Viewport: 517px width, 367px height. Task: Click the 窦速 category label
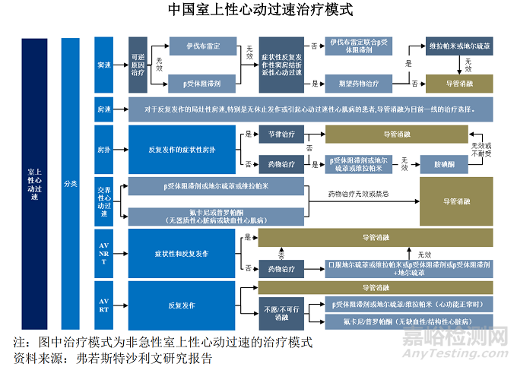[103, 65]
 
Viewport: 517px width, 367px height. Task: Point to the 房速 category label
[103, 109]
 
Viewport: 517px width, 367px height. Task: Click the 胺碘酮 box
[444, 163]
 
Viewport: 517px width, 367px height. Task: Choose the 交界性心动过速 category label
[103, 201]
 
